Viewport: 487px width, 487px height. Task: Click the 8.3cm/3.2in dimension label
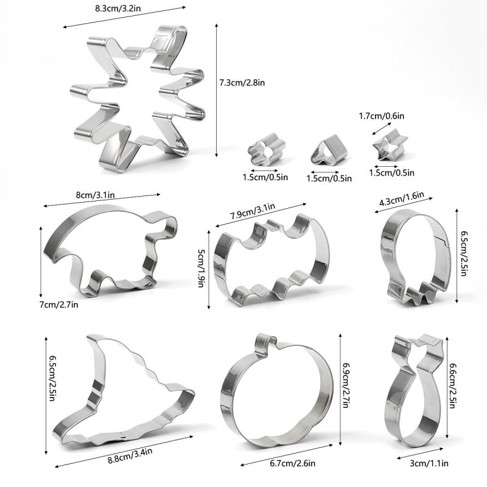point(117,7)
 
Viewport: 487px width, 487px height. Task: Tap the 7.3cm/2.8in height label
point(242,83)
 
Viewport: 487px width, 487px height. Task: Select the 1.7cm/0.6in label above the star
point(382,116)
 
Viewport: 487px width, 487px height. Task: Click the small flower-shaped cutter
point(266,149)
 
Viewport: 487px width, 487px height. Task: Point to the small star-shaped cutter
point(390,145)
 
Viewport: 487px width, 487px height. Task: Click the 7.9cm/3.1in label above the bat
point(253,211)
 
